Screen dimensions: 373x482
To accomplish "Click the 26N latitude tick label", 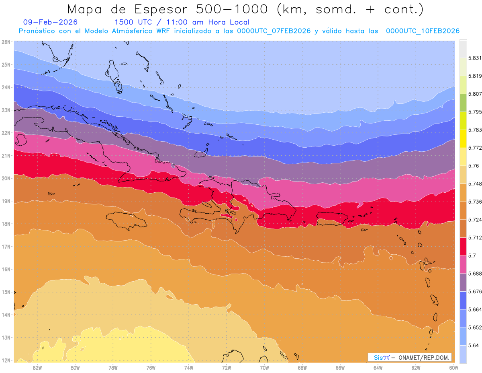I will [6, 42].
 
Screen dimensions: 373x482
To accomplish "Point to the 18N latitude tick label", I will [6, 224].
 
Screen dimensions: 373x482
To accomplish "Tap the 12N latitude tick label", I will [6, 360].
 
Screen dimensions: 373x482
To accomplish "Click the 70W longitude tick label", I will [264, 367].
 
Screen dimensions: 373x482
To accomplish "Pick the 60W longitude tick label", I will [453, 367].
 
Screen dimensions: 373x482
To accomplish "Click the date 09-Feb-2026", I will [50, 23].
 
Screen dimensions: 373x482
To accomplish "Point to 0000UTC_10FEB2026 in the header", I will [423, 31].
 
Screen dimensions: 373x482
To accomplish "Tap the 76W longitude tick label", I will [151, 367].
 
